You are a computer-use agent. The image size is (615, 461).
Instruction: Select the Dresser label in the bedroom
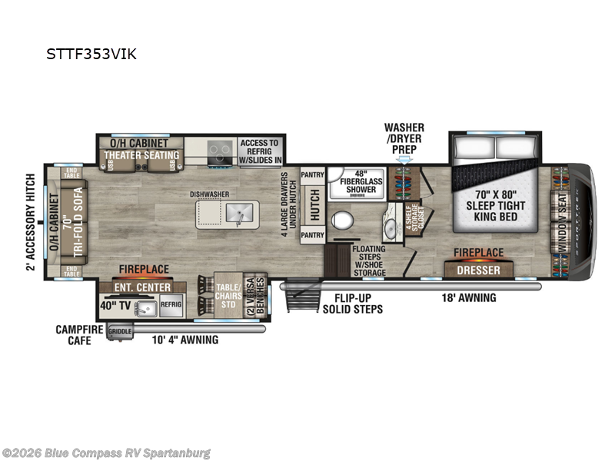pos(479,270)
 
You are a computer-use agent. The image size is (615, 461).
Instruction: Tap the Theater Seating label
pos(141,155)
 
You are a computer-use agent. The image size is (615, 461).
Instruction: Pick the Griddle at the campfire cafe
pos(120,332)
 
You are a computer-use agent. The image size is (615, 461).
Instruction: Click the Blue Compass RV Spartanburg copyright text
pos(107,453)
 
